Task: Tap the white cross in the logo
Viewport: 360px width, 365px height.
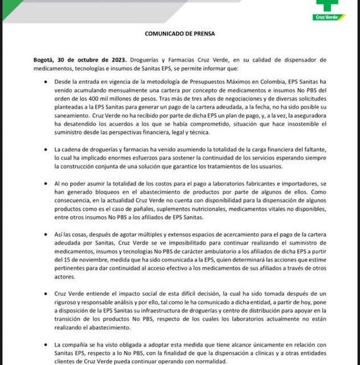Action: coord(343,7)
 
